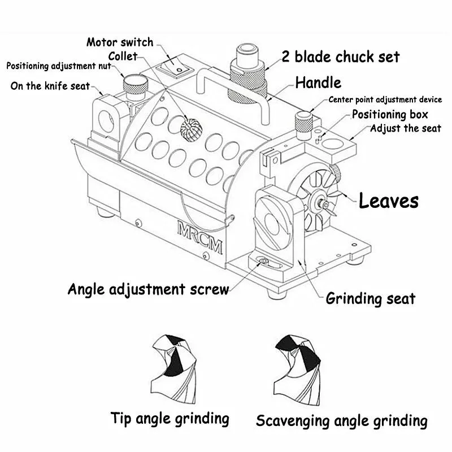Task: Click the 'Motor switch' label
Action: pyautogui.click(x=119, y=42)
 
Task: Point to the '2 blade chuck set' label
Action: pyautogui.click(x=341, y=56)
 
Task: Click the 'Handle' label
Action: pyautogui.click(x=318, y=82)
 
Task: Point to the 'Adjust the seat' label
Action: pyautogui.click(x=405, y=128)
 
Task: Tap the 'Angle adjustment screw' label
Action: pyautogui.click(x=148, y=289)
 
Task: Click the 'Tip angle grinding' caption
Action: pyautogui.click(x=170, y=419)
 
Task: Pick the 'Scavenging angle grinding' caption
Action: pyautogui.click(x=341, y=421)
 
